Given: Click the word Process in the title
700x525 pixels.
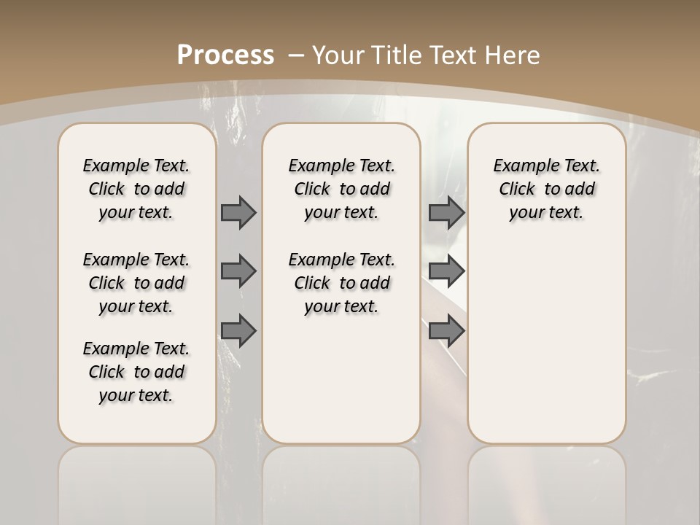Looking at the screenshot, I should [x=225, y=55].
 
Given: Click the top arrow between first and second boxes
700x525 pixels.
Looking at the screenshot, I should [x=238, y=212].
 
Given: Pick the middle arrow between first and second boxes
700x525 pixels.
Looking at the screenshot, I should [x=238, y=272].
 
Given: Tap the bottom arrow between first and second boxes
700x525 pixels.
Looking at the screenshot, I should [x=238, y=331].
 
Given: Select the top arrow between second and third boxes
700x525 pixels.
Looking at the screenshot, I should [x=446, y=212].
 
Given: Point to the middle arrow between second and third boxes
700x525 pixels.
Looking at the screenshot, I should [x=446, y=272].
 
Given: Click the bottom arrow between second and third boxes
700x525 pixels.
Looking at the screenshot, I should [x=446, y=331].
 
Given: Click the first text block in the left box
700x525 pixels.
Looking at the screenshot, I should [x=136, y=189].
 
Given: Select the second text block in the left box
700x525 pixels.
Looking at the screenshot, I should [x=136, y=283].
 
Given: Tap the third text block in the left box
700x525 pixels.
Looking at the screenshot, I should [x=136, y=372].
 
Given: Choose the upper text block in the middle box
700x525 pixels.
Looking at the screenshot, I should [x=341, y=189].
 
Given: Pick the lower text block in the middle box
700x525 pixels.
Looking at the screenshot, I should [x=341, y=283].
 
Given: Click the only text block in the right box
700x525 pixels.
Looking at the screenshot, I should [x=546, y=189].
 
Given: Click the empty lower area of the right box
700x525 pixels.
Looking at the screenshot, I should [x=546, y=343].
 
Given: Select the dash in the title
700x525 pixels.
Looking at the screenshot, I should [x=296, y=55].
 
